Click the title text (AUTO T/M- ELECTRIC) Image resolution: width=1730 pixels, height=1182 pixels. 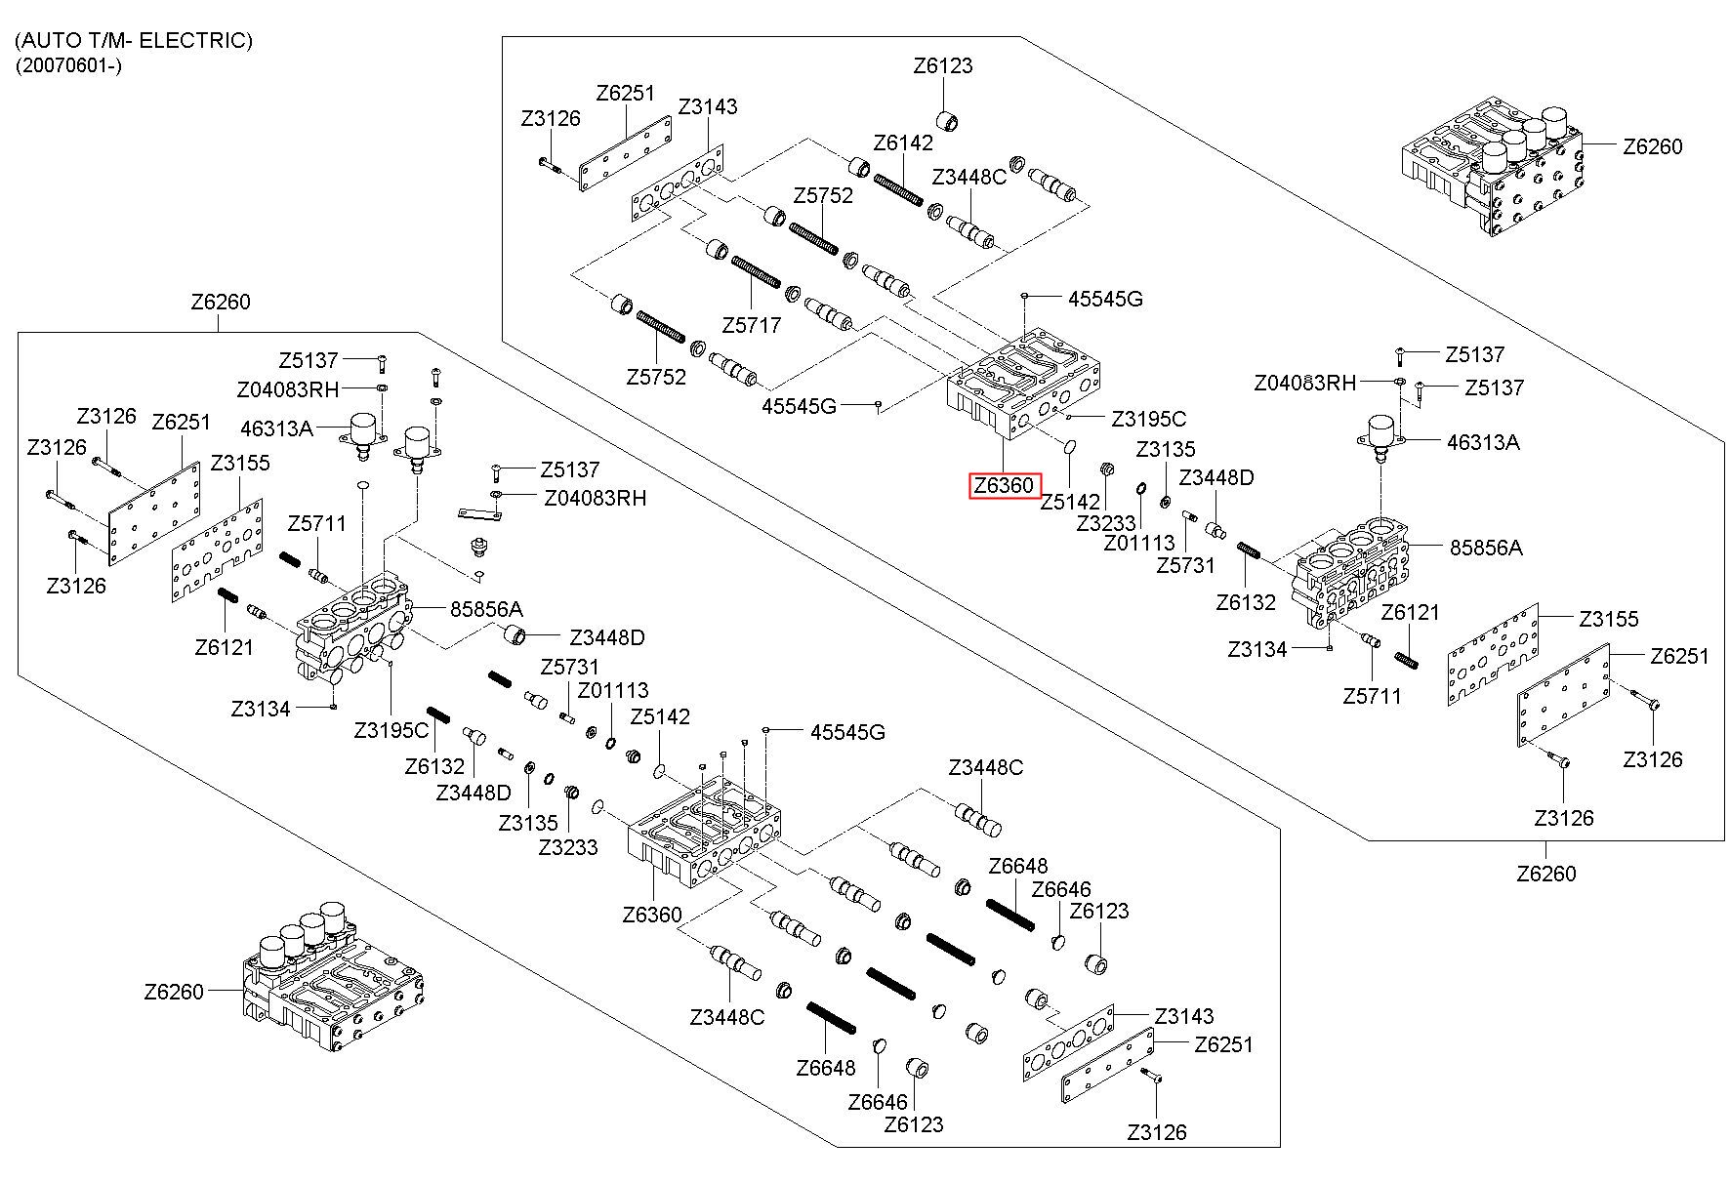[x=134, y=41]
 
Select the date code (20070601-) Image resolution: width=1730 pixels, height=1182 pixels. [x=68, y=66]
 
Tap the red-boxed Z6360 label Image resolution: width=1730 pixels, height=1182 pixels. [x=1005, y=486]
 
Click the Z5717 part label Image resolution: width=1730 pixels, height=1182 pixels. [x=752, y=325]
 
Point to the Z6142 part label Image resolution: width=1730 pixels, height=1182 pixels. [x=903, y=143]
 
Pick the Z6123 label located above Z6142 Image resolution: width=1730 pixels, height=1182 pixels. [x=943, y=66]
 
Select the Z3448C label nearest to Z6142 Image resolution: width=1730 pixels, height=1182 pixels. [x=969, y=177]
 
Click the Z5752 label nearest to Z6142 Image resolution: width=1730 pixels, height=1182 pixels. [x=823, y=195]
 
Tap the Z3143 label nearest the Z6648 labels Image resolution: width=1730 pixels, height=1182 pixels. [x=1184, y=1016]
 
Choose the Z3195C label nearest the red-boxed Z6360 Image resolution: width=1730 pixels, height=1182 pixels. [x=1149, y=419]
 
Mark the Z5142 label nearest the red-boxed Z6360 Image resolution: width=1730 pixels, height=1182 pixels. [x=1070, y=502]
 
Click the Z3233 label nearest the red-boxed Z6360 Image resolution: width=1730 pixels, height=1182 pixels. [x=1106, y=523]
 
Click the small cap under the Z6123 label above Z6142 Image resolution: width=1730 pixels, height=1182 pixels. [x=948, y=121]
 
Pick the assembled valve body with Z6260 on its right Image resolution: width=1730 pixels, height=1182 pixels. [x=1493, y=167]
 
